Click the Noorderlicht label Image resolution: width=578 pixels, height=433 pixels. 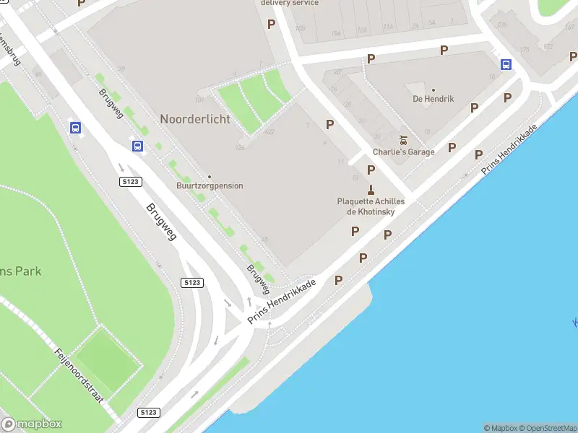click(x=195, y=119)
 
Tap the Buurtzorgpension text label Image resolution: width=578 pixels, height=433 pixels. click(x=210, y=186)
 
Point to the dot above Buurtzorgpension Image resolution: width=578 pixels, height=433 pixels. click(x=210, y=177)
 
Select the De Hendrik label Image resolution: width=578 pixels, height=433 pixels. click(x=433, y=99)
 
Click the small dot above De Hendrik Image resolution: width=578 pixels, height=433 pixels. click(x=433, y=90)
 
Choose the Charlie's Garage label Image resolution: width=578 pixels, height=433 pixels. click(x=403, y=152)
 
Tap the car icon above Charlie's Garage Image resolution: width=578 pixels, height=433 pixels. click(x=403, y=139)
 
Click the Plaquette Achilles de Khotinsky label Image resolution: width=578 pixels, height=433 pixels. click(x=371, y=206)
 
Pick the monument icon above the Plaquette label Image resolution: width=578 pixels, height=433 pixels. click(x=371, y=190)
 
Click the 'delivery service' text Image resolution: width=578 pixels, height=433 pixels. click(x=289, y=3)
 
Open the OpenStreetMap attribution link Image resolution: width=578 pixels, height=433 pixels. click(x=548, y=428)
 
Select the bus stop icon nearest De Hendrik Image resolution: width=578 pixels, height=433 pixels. click(x=506, y=64)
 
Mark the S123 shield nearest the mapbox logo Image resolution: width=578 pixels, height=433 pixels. click(x=147, y=412)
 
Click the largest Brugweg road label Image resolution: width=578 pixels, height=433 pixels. click(x=161, y=221)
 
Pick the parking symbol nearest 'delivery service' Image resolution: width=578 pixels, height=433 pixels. click(x=271, y=24)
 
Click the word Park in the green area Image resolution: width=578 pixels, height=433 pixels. click(x=29, y=271)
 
